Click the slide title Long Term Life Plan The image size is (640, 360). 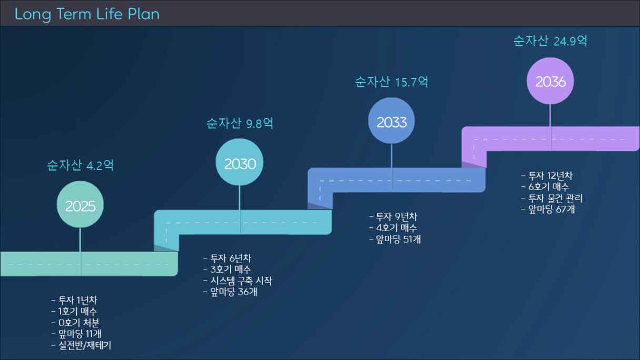pos(87,14)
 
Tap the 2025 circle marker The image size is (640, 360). pos(81,205)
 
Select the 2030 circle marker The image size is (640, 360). pos(239,162)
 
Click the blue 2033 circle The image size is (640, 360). pos(392,121)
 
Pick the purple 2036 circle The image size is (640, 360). pos(551,81)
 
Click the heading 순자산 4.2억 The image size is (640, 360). pos(81,165)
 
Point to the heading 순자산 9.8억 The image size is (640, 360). pos(239,123)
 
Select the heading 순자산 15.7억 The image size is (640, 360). pos(392,82)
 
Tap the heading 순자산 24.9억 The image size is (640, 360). pos(551,41)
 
